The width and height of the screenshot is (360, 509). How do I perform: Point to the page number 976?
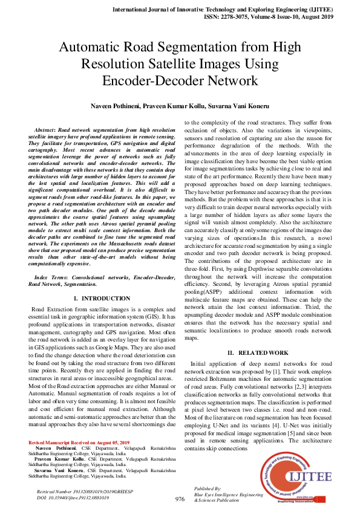tap(180, 499)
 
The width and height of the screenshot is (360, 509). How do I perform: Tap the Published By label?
tap(209, 487)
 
